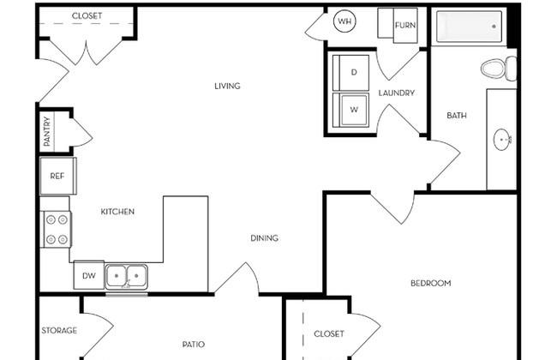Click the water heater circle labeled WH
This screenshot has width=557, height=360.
(x=344, y=21)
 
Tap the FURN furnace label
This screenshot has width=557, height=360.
(x=405, y=25)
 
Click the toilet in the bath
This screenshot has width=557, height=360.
(x=499, y=69)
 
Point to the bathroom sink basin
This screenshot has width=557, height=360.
(x=502, y=140)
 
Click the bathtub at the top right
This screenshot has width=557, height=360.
(x=469, y=27)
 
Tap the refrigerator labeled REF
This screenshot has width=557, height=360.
(x=58, y=176)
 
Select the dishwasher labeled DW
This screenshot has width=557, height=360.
(x=89, y=275)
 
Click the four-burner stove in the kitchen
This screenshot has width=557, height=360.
(x=57, y=230)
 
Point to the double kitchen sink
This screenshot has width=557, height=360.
(x=126, y=277)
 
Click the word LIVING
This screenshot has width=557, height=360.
(x=227, y=86)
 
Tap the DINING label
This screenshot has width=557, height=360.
(x=264, y=238)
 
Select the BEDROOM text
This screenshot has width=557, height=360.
(x=431, y=283)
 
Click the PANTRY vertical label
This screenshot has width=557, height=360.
(x=47, y=131)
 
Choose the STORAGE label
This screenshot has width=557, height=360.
(x=59, y=331)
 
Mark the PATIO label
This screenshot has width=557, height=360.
(x=194, y=345)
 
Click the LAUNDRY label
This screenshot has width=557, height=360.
(x=397, y=93)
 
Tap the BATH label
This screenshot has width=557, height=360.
(x=457, y=116)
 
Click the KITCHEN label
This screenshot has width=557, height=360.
(x=117, y=212)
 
